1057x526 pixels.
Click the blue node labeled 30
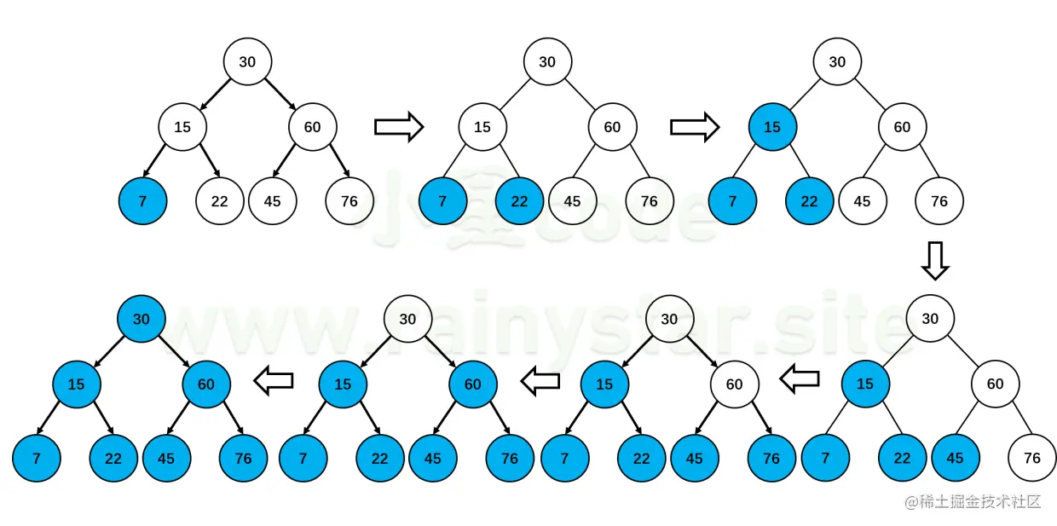[141, 319]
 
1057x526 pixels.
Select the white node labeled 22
[219, 201]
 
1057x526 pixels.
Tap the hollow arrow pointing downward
[935, 260]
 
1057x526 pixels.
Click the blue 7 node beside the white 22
[142, 201]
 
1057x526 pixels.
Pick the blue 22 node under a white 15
[519, 201]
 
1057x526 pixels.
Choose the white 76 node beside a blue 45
[1031, 458]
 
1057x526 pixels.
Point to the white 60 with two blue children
[734, 384]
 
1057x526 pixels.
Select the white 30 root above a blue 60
[407, 319]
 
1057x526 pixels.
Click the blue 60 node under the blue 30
[206, 384]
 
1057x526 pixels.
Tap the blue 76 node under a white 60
[771, 458]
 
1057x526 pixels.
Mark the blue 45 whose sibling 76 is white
[955, 458]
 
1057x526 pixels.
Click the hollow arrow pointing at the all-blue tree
[274, 381]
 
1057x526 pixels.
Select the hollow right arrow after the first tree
[399, 127]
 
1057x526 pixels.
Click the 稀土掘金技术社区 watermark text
[973, 501]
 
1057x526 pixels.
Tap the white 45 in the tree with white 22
[272, 201]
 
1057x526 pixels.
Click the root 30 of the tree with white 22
[247, 61]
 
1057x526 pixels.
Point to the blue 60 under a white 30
[472, 384]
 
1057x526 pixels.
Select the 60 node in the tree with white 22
[312, 127]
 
